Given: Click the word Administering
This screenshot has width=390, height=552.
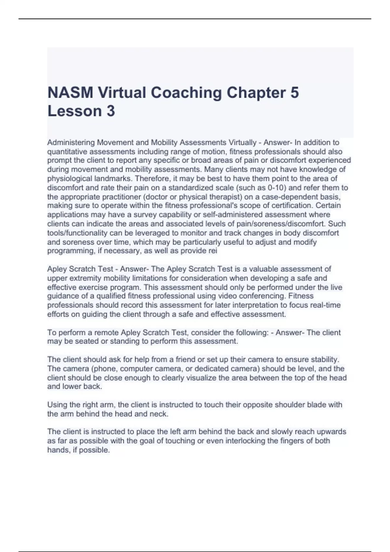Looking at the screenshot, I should click(x=71, y=142).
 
